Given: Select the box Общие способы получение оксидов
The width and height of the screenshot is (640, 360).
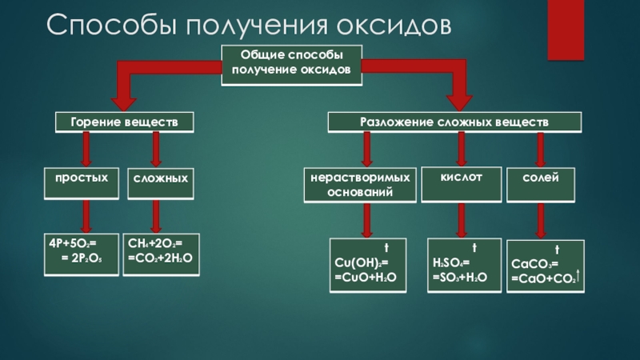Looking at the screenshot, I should [x=291, y=63].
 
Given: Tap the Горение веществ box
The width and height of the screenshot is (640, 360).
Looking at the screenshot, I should [x=124, y=123].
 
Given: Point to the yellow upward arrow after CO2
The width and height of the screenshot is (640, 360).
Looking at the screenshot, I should [x=578, y=276].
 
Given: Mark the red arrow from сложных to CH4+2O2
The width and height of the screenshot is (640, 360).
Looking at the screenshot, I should [x=157, y=214].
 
